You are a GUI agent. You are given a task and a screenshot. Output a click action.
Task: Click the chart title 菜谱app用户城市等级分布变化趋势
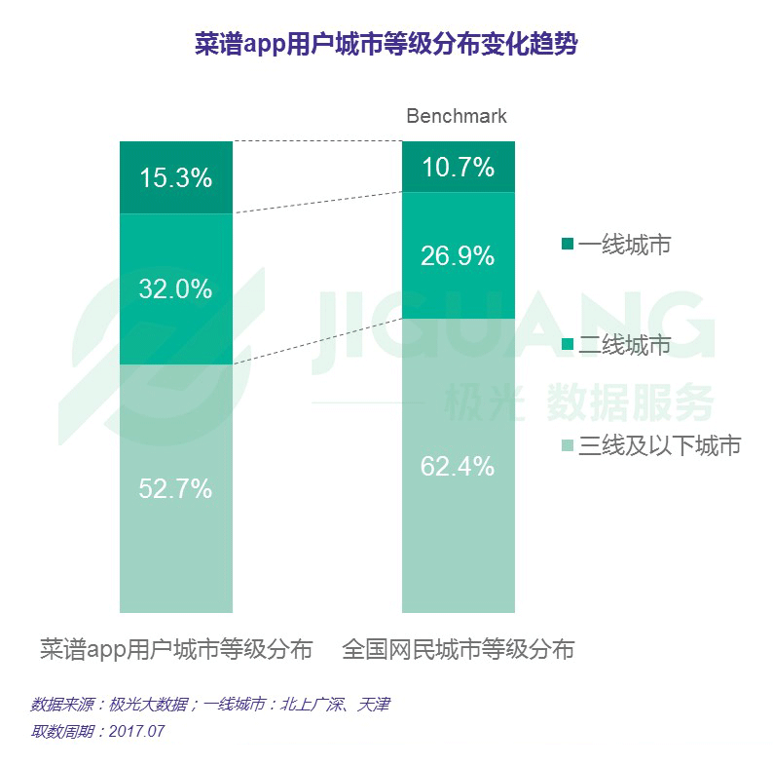tap(386, 45)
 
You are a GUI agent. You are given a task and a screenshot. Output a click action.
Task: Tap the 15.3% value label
tap(175, 178)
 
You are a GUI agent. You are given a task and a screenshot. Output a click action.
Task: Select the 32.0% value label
tap(175, 289)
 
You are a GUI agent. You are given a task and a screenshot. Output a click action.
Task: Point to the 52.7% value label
tap(175, 488)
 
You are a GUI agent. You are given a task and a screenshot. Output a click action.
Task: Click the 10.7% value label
tap(458, 168)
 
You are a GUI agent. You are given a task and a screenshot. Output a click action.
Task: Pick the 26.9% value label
tap(458, 256)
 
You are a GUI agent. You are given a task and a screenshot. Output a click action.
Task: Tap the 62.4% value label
tap(458, 466)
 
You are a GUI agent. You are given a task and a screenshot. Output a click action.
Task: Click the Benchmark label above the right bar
tap(457, 116)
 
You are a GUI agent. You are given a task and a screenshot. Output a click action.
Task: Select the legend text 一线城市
tap(624, 245)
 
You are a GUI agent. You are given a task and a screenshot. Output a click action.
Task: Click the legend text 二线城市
tap(624, 345)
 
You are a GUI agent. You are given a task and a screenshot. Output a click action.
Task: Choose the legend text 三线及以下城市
tap(660, 445)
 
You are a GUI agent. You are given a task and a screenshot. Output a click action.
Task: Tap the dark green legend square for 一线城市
tap(568, 244)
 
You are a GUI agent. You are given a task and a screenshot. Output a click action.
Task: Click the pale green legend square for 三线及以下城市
tap(568, 445)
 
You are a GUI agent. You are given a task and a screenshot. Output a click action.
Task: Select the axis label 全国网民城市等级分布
tap(458, 649)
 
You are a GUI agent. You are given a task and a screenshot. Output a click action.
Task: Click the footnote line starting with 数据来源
tap(209, 704)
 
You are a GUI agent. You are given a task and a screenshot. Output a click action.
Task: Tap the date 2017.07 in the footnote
tap(136, 731)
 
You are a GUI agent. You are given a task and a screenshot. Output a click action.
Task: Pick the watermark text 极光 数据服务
tap(578, 400)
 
